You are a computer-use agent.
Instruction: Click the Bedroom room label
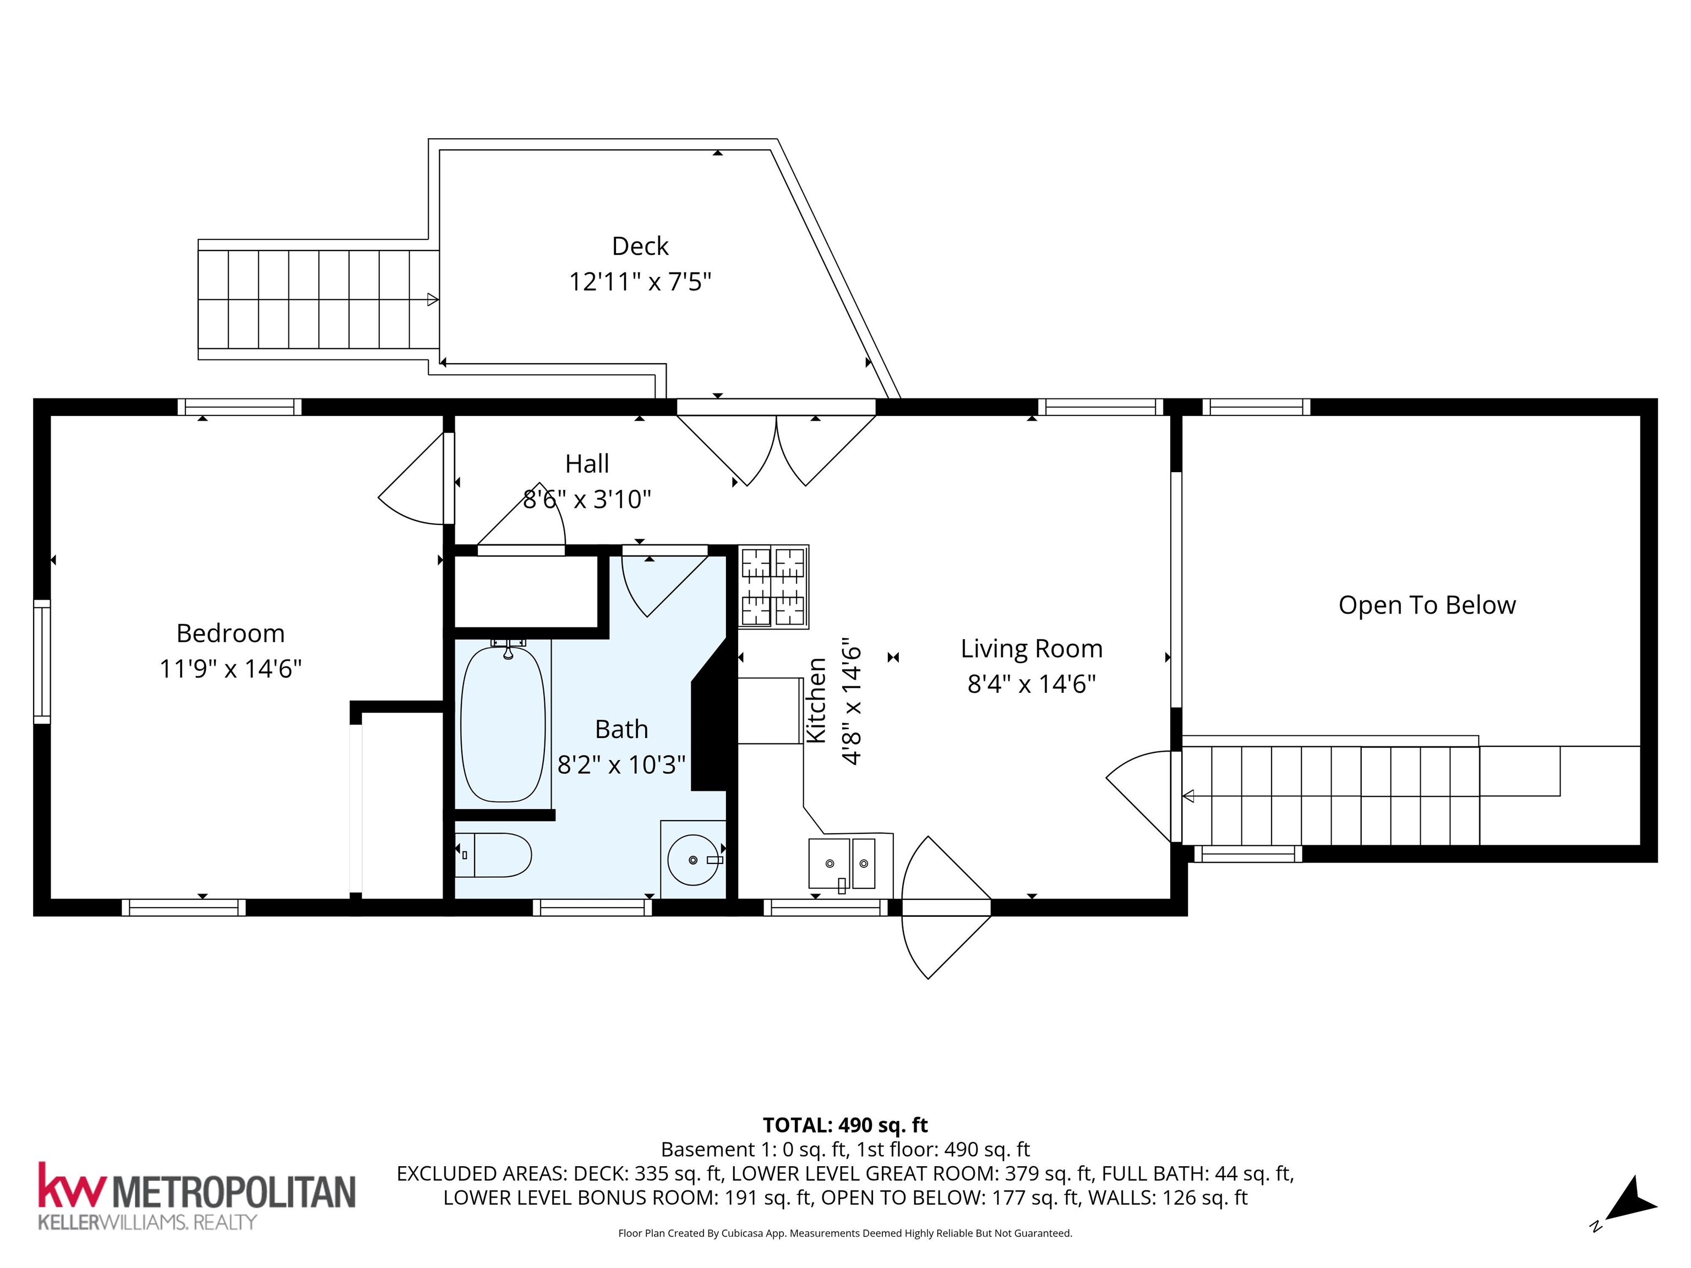(x=230, y=633)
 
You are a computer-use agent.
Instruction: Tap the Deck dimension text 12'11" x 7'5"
(x=640, y=282)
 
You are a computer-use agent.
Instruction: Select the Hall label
(x=587, y=463)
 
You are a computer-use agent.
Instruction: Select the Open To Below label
(x=1426, y=605)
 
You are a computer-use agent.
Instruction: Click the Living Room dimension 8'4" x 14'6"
(x=1031, y=684)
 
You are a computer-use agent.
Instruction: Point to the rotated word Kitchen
(x=816, y=699)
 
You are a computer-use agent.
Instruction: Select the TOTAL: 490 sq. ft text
(x=845, y=1125)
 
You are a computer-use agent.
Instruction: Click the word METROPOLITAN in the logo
(x=234, y=1191)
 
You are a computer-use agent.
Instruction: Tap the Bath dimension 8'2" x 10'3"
(x=621, y=764)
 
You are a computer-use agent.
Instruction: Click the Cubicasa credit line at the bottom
(x=845, y=1233)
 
